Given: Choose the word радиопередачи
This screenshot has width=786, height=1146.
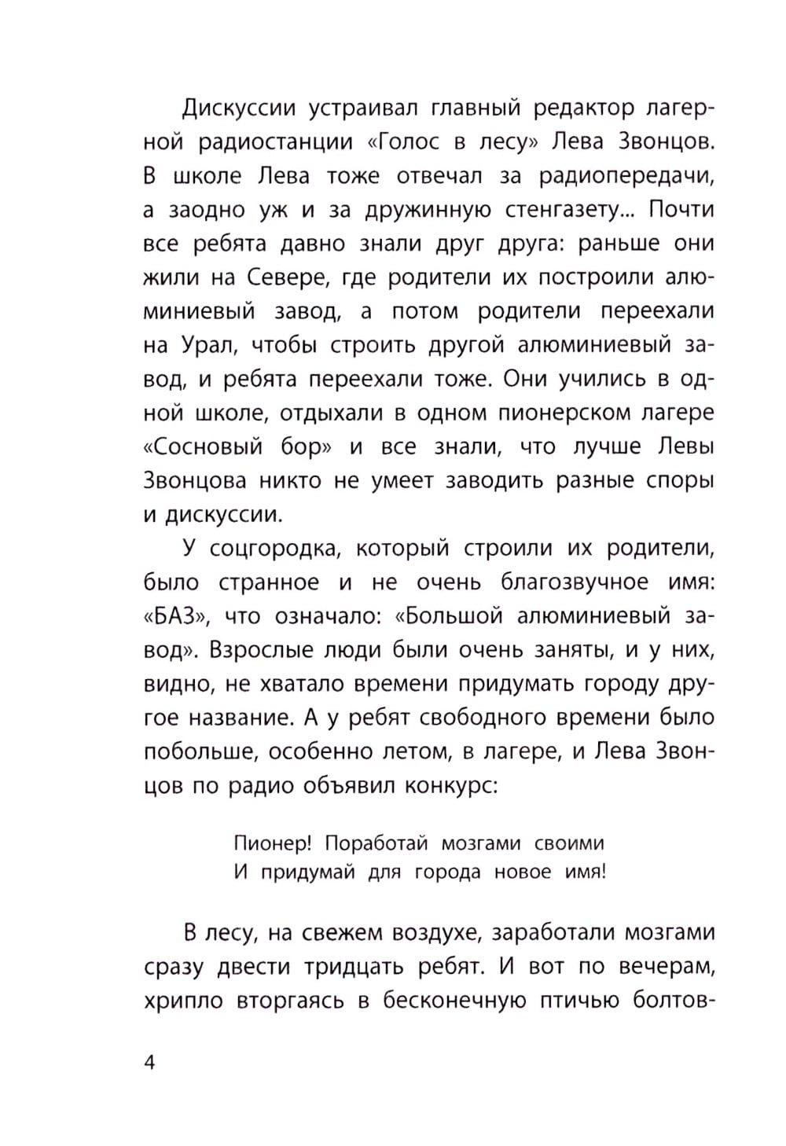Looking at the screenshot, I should pyautogui.click(x=626, y=176).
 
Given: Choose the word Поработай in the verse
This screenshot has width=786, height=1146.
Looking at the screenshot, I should pyautogui.click(x=376, y=843).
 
